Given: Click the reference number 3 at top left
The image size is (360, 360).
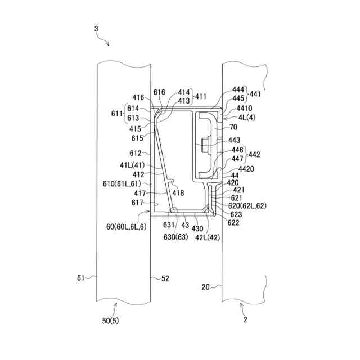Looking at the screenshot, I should [x=96, y=28].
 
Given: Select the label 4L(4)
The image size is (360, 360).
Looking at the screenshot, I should [x=247, y=118].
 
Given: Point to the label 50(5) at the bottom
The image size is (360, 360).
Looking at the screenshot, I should [x=111, y=321].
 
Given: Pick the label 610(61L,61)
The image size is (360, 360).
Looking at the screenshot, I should [x=128, y=183].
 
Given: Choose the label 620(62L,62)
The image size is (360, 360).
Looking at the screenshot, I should [x=249, y=206].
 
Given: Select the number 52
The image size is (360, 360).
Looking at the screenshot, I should [x=165, y=278].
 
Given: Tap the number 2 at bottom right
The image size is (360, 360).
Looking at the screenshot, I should [x=246, y=319].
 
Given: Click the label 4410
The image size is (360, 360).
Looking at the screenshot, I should [x=245, y=109].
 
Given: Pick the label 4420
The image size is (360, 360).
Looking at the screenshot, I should [x=246, y=169].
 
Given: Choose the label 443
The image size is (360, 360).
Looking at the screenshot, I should [x=233, y=140].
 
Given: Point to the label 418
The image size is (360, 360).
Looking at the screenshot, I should [x=178, y=193].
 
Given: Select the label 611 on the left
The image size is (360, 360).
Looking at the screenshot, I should [x=116, y=113].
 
